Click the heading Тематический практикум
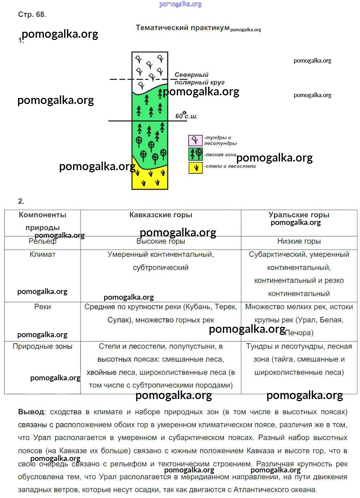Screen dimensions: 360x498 [183, 28]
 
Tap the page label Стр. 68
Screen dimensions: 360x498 [32, 14]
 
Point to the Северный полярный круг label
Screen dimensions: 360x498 [199, 78]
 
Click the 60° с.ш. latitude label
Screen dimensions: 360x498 [186, 116]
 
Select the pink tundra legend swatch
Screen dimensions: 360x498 [195, 140]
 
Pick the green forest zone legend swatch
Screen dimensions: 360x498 [195, 154]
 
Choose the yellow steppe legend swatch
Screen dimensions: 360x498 [195, 168]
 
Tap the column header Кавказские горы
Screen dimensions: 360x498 [161, 215]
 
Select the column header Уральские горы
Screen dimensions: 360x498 [299, 215]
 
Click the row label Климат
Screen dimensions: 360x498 [42, 254]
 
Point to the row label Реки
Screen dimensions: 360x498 [42, 307]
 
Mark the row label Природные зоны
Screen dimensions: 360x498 [42, 346]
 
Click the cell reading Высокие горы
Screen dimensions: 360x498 [161, 241]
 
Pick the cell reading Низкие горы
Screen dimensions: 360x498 [299, 241]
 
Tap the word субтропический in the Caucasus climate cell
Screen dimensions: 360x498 [161, 267]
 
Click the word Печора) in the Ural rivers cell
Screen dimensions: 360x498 [299, 333]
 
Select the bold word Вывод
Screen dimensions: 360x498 [32, 412]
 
